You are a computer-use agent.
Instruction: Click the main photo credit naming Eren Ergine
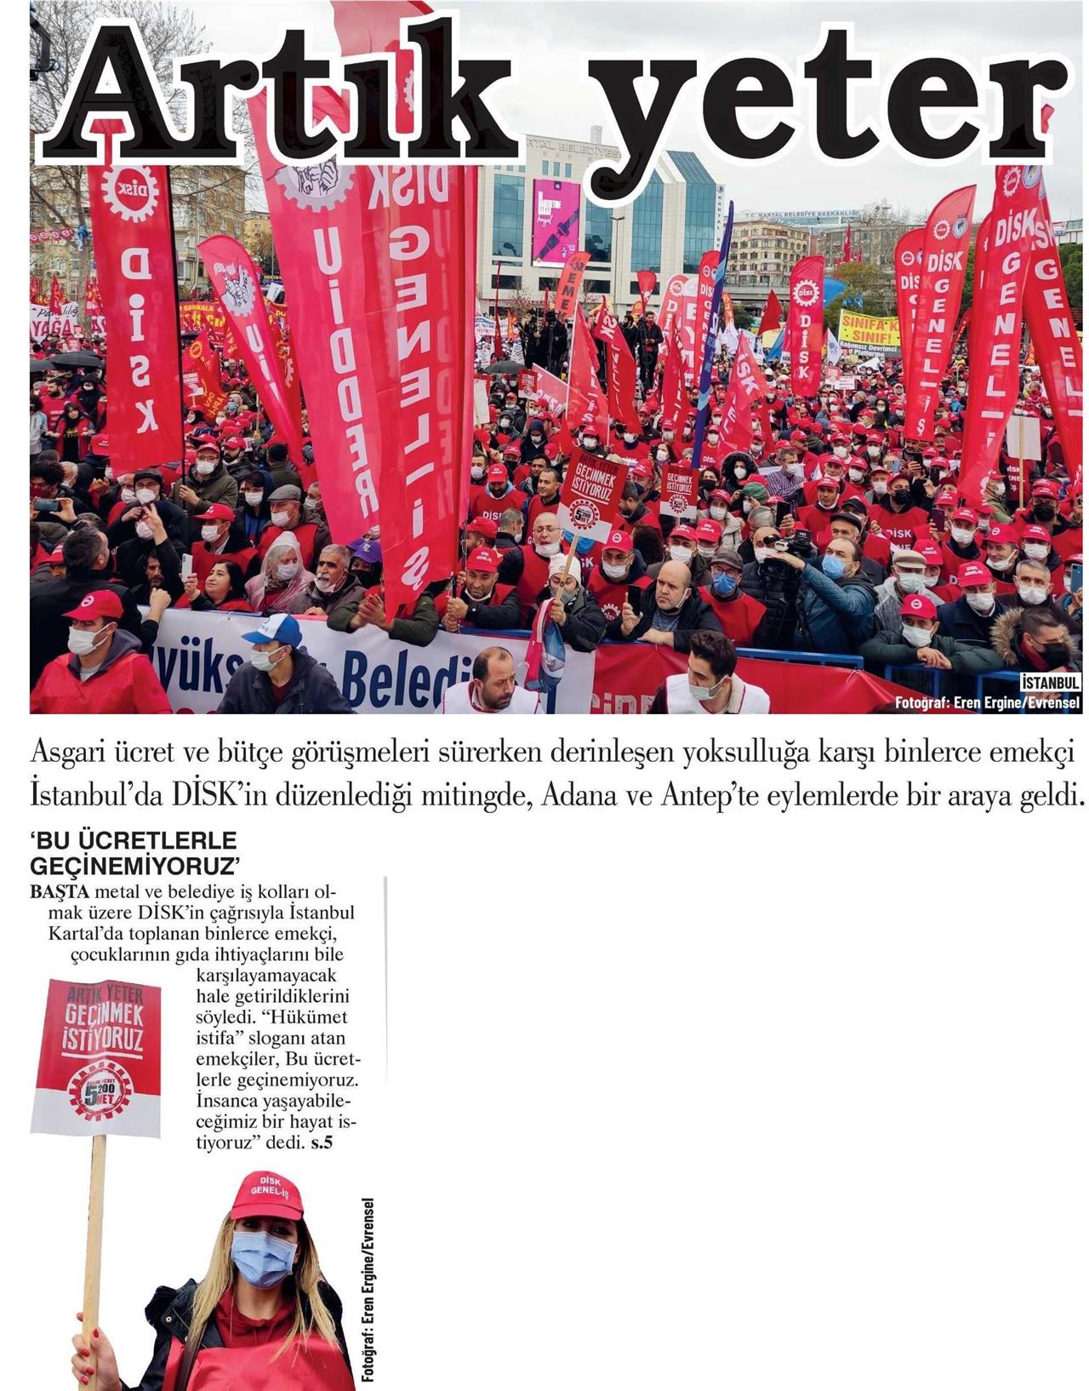click(x=987, y=702)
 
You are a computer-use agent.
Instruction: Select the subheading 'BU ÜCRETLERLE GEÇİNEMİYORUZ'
click(x=134, y=853)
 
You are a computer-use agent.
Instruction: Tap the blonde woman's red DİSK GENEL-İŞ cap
click(x=266, y=1194)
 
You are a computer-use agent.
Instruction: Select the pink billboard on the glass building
click(x=556, y=221)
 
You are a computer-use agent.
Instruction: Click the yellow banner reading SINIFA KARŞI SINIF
click(x=869, y=327)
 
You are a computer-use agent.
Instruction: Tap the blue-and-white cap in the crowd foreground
click(x=272, y=630)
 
